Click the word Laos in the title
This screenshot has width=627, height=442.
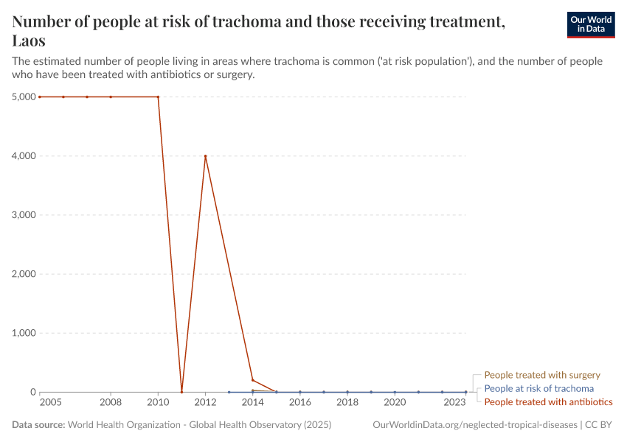[29, 41]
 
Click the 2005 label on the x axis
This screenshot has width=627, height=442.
[50, 403]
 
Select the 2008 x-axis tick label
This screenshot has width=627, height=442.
[111, 403]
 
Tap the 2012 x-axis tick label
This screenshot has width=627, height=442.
[205, 403]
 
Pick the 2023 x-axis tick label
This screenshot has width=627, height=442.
[454, 403]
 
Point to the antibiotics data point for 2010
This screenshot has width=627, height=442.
[158, 97]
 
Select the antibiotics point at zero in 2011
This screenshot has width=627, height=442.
[181, 392]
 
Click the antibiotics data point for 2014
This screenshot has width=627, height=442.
[252, 380]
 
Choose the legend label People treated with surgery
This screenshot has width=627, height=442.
[542, 375]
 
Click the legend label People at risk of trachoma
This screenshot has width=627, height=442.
[538, 388]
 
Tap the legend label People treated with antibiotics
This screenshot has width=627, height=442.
[548, 401]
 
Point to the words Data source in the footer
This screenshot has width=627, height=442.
[38, 425]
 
